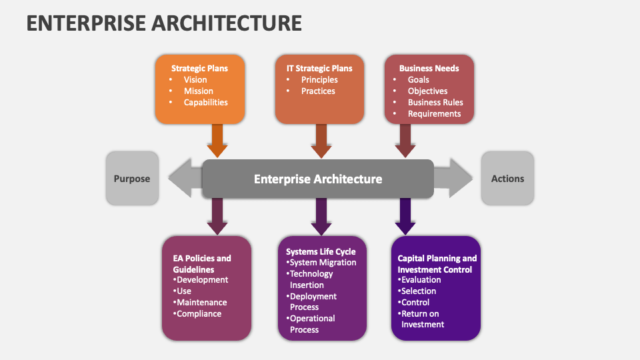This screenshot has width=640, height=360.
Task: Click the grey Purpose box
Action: (132, 178)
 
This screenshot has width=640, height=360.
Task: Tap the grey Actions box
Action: (507, 178)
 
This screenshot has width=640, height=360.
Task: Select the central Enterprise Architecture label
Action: (318, 179)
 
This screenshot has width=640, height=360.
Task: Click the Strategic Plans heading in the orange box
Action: (199, 68)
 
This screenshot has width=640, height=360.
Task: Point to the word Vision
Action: (195, 79)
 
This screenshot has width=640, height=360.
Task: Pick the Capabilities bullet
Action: (206, 102)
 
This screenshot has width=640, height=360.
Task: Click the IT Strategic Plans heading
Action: (319, 68)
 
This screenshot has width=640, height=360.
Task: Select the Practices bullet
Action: (318, 91)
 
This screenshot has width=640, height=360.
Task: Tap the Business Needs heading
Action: (429, 68)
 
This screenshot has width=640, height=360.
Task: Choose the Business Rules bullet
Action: (435, 102)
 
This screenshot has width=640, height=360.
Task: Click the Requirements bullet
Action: (434, 113)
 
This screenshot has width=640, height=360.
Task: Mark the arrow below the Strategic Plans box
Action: (217, 140)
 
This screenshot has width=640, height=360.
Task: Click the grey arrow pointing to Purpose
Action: (184, 178)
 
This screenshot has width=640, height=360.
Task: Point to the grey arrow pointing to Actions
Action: (453, 178)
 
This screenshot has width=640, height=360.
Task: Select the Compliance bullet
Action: (199, 313)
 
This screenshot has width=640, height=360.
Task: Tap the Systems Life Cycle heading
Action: (321, 251)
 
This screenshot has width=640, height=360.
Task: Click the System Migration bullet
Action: (323, 262)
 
